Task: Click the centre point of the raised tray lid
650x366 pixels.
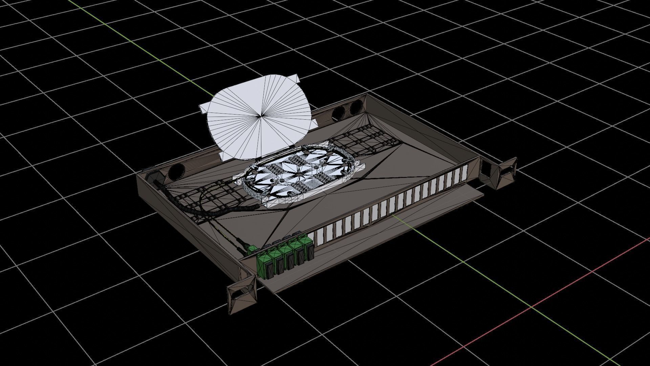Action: tap(260, 116)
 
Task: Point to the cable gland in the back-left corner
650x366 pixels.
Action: tap(152, 176)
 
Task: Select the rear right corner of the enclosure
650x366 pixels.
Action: tap(368, 96)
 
